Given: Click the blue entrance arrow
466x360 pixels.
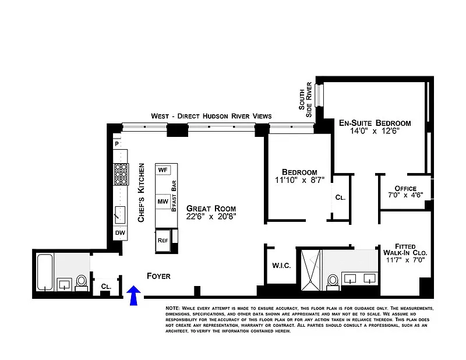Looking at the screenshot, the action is point(133,295).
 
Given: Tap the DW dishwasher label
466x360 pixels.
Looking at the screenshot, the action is point(120,233).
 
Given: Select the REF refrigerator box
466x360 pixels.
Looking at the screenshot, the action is point(163,241).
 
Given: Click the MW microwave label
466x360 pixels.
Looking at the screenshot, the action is point(163,202).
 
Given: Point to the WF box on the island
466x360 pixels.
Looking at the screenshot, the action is point(163,170).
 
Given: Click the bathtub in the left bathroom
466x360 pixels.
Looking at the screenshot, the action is point(45,272).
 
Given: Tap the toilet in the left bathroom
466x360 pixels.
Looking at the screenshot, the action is point(81,283).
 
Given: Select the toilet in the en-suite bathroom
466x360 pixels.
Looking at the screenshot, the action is point(333,282).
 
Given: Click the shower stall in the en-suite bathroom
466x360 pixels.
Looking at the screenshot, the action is point(311,270).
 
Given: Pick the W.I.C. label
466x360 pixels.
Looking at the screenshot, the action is point(281,266).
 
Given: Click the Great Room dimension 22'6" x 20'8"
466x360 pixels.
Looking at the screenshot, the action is point(211,217).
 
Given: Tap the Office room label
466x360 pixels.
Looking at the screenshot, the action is point(405,189).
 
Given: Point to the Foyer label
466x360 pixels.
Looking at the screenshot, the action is point(158,276).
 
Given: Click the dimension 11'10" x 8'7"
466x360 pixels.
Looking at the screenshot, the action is point(299,180).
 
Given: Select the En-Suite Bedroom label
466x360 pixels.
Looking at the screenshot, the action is point(375,123).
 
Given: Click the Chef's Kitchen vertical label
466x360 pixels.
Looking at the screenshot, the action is point(141,193).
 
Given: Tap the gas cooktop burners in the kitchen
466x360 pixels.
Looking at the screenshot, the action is point(121,174).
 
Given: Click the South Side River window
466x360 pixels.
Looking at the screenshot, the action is point(319,95).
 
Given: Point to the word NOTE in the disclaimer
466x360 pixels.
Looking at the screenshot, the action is point(172,308).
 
